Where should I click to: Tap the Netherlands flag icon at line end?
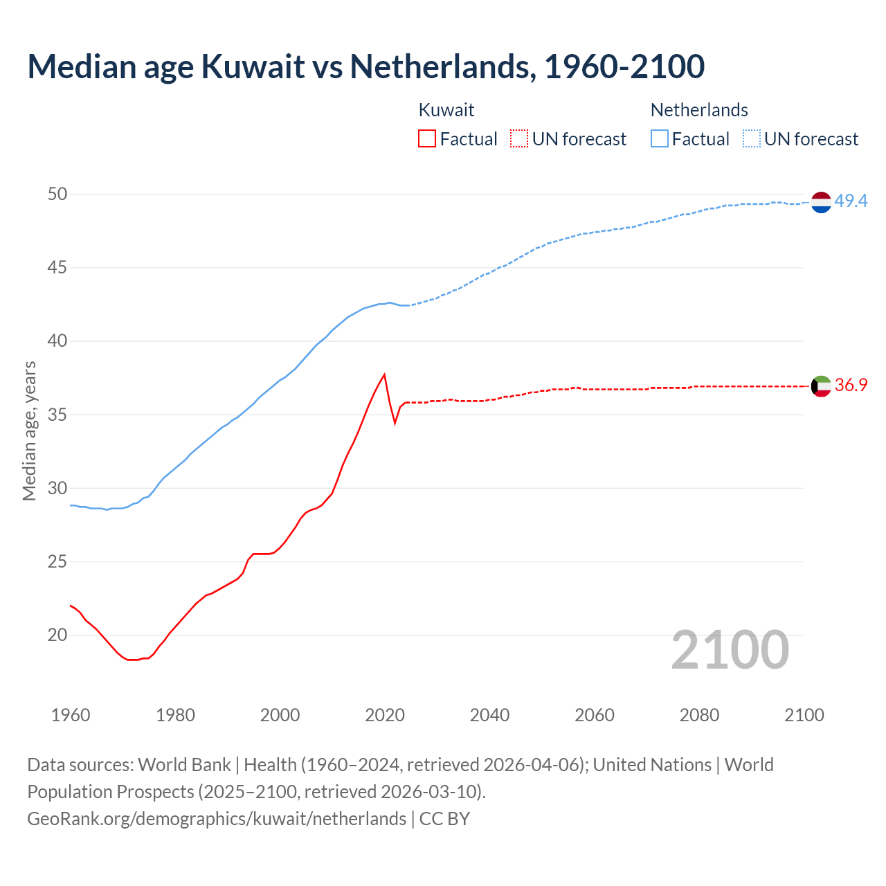(x=821, y=202)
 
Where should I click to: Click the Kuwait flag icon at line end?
(x=821, y=386)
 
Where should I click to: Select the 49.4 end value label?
(x=851, y=201)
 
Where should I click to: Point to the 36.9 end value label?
(x=851, y=386)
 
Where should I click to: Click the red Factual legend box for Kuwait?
(x=427, y=139)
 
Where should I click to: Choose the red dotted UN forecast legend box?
(x=519, y=139)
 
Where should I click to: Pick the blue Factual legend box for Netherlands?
(x=660, y=139)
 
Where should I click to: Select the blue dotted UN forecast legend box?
(x=752, y=139)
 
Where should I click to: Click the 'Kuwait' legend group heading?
(x=446, y=110)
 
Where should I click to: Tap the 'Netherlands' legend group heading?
(x=699, y=110)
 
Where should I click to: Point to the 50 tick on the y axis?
(x=57, y=195)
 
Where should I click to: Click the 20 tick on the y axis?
(x=57, y=635)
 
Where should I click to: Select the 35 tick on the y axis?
(x=57, y=415)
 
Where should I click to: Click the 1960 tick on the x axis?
(x=71, y=715)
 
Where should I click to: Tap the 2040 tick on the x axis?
(x=489, y=715)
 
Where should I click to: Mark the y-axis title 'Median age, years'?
(x=29, y=431)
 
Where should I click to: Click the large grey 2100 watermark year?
(x=730, y=649)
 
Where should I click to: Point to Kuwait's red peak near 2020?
(x=384, y=375)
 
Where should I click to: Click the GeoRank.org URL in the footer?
(x=217, y=819)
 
